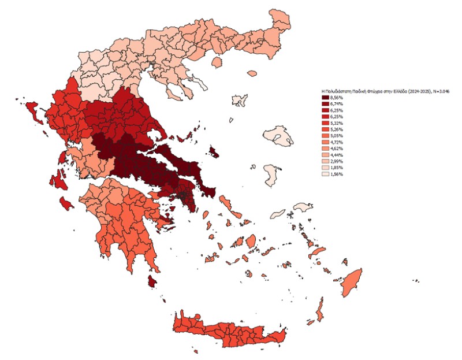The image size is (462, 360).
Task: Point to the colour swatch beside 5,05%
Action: click(x=326, y=136)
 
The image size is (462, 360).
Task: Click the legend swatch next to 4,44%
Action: click(x=326, y=155)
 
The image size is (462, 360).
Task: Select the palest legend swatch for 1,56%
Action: click(x=326, y=174)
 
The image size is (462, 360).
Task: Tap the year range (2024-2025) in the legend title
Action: click(x=414, y=91)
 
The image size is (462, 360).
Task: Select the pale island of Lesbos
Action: click(x=279, y=138)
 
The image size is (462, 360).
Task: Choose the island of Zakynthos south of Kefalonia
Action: click(x=66, y=202)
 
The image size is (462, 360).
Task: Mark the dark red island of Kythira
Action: click(x=153, y=281)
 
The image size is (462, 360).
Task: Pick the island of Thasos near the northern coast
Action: click(x=218, y=62)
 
